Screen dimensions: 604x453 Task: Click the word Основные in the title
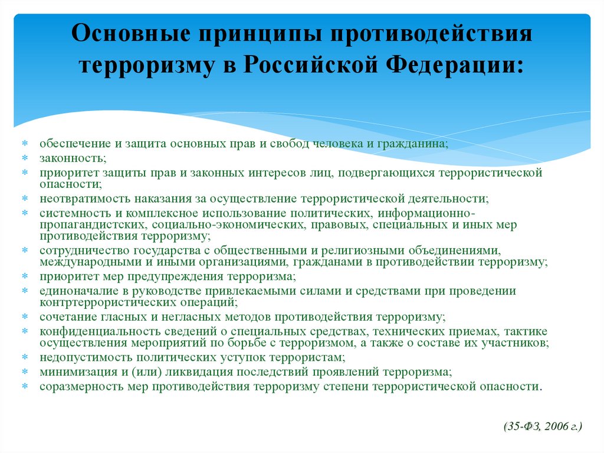coord(130,33)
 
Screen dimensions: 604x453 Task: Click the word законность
coord(73,158)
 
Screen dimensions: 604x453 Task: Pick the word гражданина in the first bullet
coord(412,144)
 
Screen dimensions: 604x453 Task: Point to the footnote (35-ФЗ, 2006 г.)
coord(543,426)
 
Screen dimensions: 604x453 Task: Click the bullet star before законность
coord(25,158)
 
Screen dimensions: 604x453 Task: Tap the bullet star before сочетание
coord(25,317)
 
